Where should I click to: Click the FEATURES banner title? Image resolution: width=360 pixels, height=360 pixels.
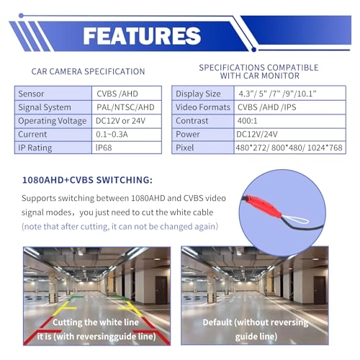coord(142,35)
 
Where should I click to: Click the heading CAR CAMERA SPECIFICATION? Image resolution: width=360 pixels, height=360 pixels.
coord(89,71)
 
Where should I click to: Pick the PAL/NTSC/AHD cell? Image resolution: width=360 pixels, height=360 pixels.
coord(125,107)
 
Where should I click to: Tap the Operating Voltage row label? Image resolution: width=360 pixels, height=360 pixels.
coord(53,120)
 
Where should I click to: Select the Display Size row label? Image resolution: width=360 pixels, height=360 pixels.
coord(199,93)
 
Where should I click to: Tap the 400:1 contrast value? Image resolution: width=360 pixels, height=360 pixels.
coord(251,120)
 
